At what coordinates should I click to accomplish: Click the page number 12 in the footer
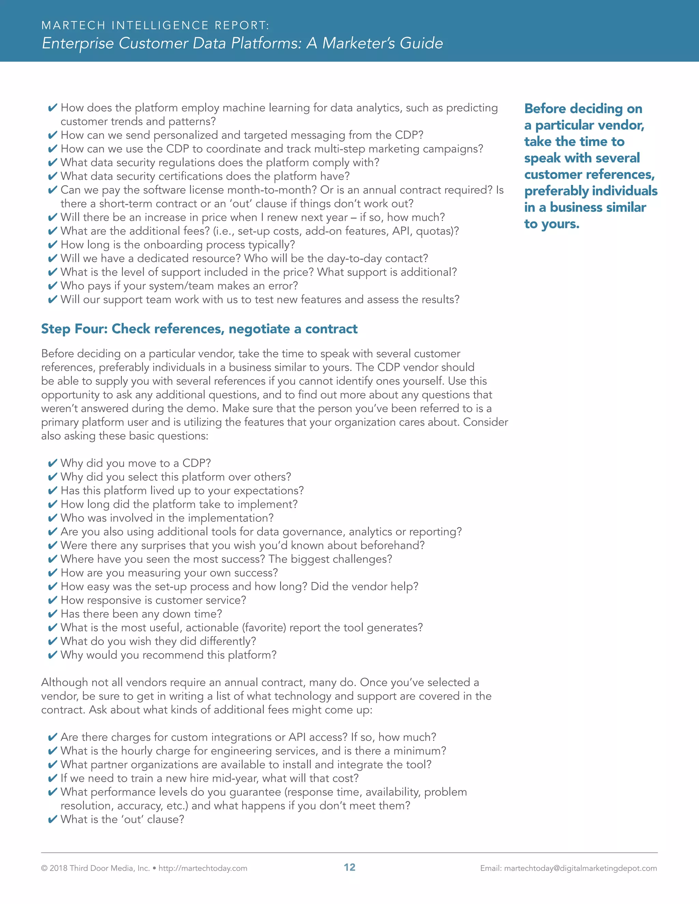tap(349, 867)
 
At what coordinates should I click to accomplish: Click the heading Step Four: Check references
tap(199, 329)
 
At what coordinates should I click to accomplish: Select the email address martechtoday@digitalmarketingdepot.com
tap(580, 868)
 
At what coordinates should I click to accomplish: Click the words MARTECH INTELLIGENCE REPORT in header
tap(155, 25)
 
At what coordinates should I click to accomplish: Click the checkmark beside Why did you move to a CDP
tap(52, 463)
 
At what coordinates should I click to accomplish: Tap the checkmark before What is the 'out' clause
tap(52, 819)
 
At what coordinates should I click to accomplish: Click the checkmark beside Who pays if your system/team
tap(52, 286)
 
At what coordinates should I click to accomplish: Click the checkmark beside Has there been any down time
tap(52, 614)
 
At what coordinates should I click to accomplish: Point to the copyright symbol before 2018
tap(44, 868)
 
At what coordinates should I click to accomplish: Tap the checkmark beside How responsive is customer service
tap(52, 600)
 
